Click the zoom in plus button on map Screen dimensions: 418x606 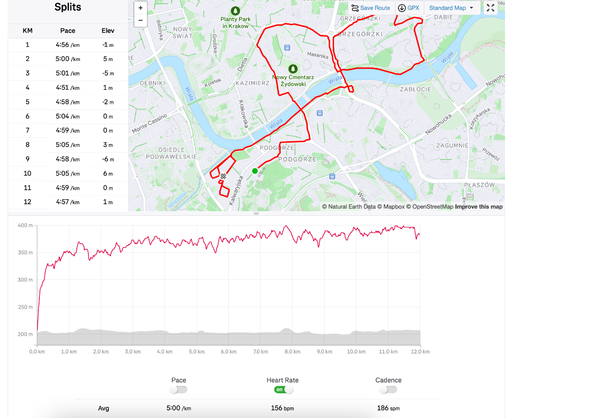pos(140,8)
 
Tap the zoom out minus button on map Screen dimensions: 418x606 pos(140,21)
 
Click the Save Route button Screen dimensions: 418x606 pos(371,8)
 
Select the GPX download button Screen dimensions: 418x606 pos(409,8)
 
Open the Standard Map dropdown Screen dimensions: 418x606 pos(451,8)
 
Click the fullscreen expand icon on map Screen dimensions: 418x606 pos(490,8)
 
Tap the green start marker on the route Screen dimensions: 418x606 pos(255,171)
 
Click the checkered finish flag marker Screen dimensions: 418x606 pos(223,176)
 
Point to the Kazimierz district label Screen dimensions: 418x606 pos(252,83)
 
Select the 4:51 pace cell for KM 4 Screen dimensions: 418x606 pos(68,88)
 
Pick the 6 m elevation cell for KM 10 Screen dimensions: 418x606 pos(108,173)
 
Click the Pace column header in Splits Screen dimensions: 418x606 pos(68,31)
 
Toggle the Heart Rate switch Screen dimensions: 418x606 pos(283,390)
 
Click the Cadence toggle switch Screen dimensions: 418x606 pos(388,390)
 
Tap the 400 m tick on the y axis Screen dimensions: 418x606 pos(25,225)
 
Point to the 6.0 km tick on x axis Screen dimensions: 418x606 pos(228,351)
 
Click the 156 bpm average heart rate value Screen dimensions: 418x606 pos(282,408)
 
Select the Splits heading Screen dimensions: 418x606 pos(68,8)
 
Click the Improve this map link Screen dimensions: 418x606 pos(479,207)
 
